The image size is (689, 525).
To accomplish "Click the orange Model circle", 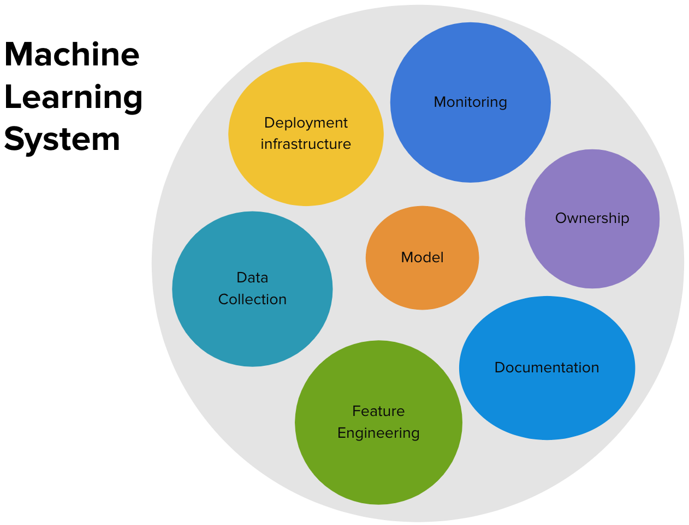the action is point(422,258).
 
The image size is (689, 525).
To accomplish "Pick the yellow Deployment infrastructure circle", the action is point(306,134).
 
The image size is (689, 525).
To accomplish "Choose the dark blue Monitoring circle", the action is point(470,102).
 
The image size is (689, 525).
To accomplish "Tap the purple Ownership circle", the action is point(592,219).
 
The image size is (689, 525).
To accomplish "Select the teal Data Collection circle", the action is point(252,289).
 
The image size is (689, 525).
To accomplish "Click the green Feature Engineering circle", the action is point(378,422).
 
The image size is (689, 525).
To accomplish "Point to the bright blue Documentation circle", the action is point(547,368).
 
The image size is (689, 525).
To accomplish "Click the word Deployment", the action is point(306,123).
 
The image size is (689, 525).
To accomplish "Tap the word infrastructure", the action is point(306,144).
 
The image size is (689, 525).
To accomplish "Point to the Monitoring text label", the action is point(470,102).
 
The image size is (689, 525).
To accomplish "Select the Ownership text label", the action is point(592,218).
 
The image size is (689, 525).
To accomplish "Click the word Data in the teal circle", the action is point(252,277).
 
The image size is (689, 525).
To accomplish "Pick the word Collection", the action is point(252,299).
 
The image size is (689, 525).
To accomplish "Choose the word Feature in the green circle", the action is point(378,411).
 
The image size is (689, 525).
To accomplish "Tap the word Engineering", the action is point(378,434).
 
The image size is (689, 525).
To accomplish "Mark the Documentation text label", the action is point(547,367).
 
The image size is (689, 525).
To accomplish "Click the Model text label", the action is point(422,257).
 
